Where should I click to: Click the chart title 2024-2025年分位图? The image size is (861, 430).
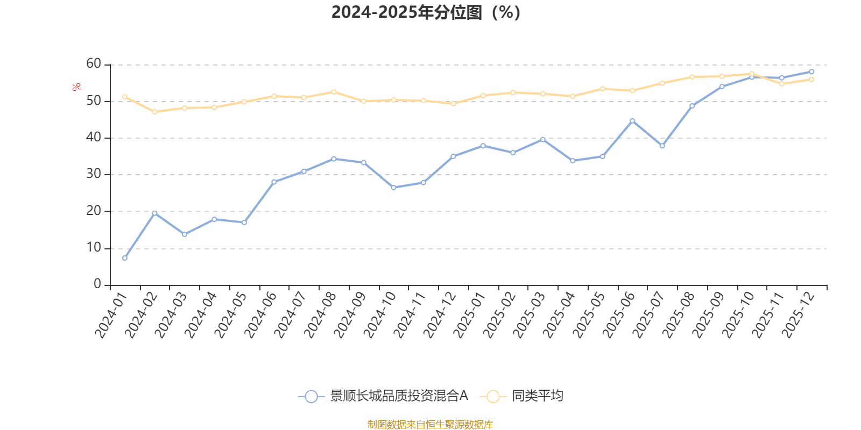pyautogui.click(x=426, y=12)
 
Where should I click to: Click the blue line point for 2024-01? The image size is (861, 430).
pyautogui.click(x=125, y=258)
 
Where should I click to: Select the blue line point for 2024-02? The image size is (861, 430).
pyautogui.click(x=154, y=213)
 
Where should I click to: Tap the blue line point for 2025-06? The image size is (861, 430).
pyautogui.click(x=632, y=121)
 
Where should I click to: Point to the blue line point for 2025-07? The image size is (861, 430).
pyautogui.click(x=662, y=146)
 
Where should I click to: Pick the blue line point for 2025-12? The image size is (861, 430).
pyautogui.click(x=811, y=71)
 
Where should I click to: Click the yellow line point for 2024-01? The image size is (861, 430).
pyautogui.click(x=125, y=97)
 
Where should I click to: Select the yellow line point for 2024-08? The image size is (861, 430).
pyautogui.click(x=334, y=92)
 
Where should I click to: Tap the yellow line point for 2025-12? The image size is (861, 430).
pyautogui.click(x=811, y=80)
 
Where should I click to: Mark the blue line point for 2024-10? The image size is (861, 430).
pyautogui.click(x=393, y=188)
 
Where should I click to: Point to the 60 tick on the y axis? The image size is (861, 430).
pyautogui.click(x=94, y=64)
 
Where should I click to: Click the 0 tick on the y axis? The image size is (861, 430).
pyautogui.click(x=97, y=284)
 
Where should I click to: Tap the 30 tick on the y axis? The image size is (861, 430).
pyautogui.click(x=94, y=174)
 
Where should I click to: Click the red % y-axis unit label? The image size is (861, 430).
pyautogui.click(x=76, y=87)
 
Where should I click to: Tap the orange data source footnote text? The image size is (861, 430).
pyautogui.click(x=430, y=425)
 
